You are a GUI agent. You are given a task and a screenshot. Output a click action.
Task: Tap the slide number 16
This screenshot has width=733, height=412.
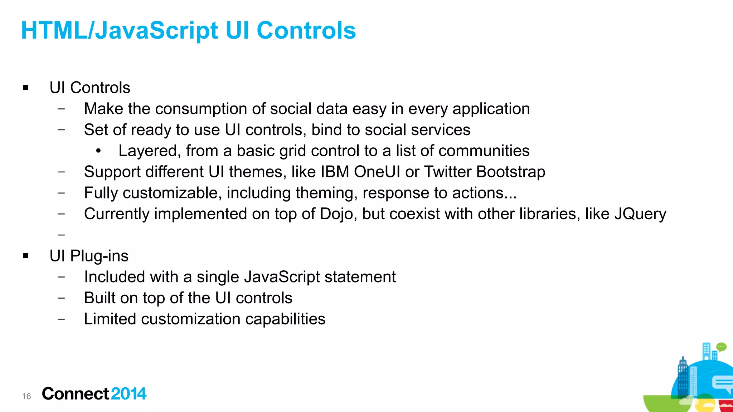point(26,396)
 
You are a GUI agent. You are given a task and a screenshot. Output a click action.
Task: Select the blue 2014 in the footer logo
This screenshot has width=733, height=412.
point(128,394)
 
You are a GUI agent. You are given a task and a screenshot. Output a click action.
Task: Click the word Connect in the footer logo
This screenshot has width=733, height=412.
point(75,394)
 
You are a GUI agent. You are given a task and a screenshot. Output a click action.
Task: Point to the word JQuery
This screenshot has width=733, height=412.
point(640,214)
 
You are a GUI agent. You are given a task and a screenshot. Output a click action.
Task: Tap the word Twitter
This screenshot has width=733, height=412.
point(447,172)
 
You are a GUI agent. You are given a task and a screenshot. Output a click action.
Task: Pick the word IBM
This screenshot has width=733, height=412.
point(335,172)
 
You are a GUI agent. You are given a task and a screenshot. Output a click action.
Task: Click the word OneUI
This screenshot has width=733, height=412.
point(377,172)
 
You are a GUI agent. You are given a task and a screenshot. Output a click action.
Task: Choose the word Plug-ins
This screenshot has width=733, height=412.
point(99,256)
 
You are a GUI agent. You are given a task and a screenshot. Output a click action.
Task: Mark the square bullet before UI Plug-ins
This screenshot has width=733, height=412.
point(26,256)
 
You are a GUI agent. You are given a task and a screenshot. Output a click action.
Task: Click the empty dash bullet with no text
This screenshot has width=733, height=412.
point(61,235)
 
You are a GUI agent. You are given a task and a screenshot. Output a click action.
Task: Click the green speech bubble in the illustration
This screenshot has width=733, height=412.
point(721,347)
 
